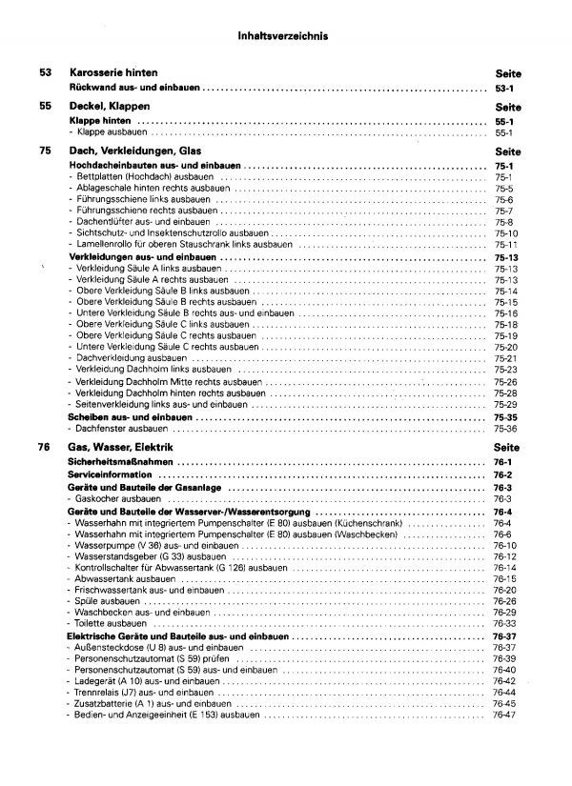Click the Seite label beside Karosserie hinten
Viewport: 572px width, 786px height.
tap(510, 72)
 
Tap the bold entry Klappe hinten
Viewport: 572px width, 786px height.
tap(103, 122)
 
